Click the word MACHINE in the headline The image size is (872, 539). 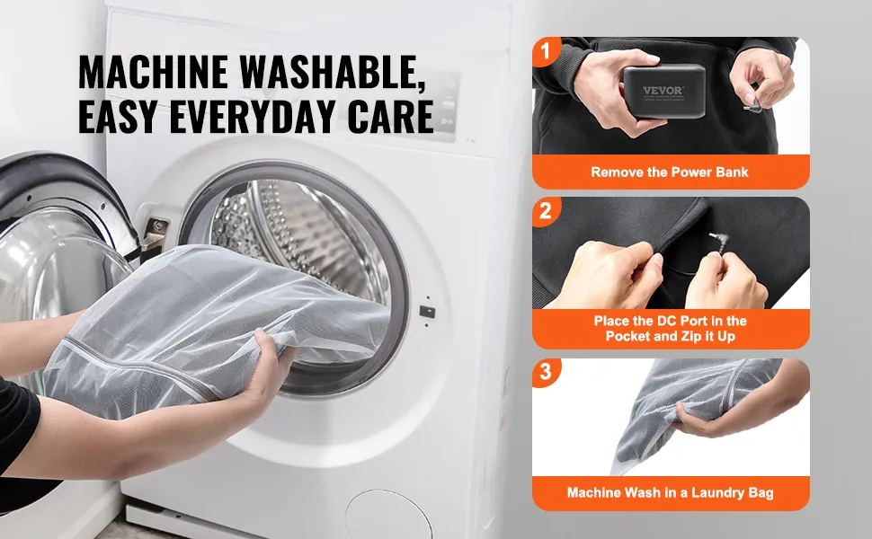153,71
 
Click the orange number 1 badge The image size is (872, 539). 545,51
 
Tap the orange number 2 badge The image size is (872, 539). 545,211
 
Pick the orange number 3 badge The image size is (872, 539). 545,371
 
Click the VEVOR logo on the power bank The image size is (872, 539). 663,91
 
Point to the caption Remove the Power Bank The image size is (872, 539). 670,172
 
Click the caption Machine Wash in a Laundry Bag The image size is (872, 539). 670,492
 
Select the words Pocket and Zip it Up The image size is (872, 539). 670,336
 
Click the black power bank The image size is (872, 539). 664,91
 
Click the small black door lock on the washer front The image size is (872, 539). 426,312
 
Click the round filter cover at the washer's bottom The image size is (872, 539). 388,514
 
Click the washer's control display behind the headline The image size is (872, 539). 448,106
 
